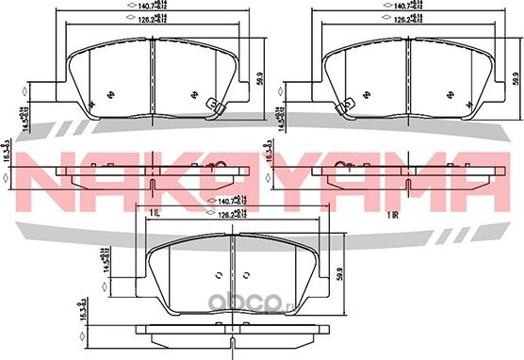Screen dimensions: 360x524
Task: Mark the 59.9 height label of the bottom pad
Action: click(x=337, y=275)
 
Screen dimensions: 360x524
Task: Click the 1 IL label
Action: click(x=152, y=216)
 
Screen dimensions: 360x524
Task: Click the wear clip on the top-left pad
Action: click(x=211, y=109)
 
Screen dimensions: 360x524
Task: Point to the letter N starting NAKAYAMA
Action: click(x=43, y=178)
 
